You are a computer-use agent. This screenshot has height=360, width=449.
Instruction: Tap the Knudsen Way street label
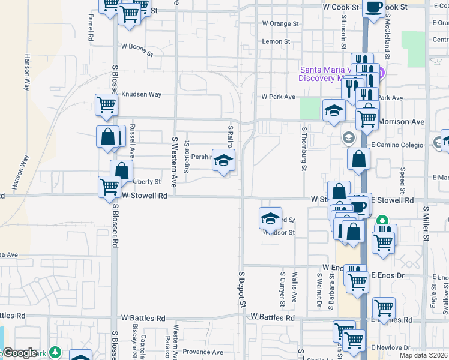pos(142,94)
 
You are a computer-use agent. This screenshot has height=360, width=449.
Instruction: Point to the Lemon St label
pos(276,42)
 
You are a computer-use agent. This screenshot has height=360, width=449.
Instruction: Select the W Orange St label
pos(280,24)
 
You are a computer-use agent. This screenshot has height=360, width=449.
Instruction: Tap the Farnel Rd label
pos(91,27)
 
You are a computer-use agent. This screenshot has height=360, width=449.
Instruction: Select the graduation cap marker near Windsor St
pos(271,218)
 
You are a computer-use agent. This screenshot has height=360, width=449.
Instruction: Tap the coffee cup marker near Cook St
pos(373,8)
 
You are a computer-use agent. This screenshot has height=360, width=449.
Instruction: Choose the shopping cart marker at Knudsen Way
pos(107,104)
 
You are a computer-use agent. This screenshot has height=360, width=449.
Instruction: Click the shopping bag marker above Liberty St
pos(122,170)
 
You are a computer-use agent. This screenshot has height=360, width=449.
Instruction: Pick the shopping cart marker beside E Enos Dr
pos(358,280)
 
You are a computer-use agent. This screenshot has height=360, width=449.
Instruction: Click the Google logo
pos(20,353)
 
